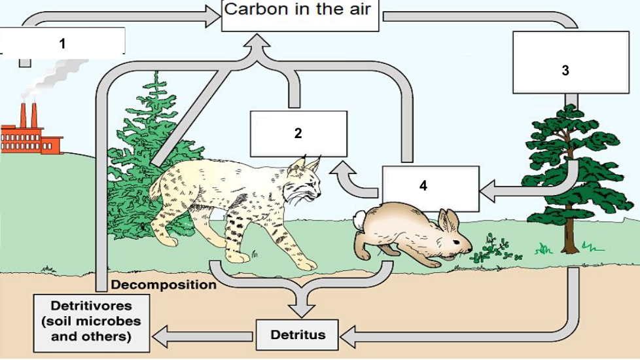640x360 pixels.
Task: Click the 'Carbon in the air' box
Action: (x=300, y=15)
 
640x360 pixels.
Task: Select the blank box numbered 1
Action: (x=63, y=43)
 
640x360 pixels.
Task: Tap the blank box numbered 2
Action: (x=298, y=133)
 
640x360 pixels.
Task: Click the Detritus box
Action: (x=298, y=335)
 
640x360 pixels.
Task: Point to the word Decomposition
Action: (x=164, y=285)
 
